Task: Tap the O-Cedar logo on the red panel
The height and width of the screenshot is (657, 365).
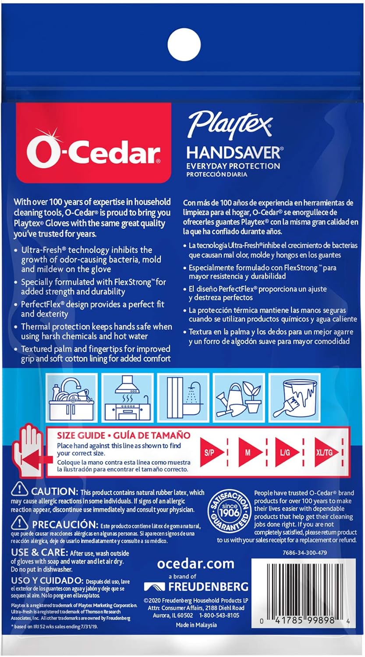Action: tap(93, 149)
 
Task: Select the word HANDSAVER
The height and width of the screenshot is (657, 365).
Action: tap(233, 152)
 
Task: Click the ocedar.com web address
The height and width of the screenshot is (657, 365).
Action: tap(195, 563)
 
